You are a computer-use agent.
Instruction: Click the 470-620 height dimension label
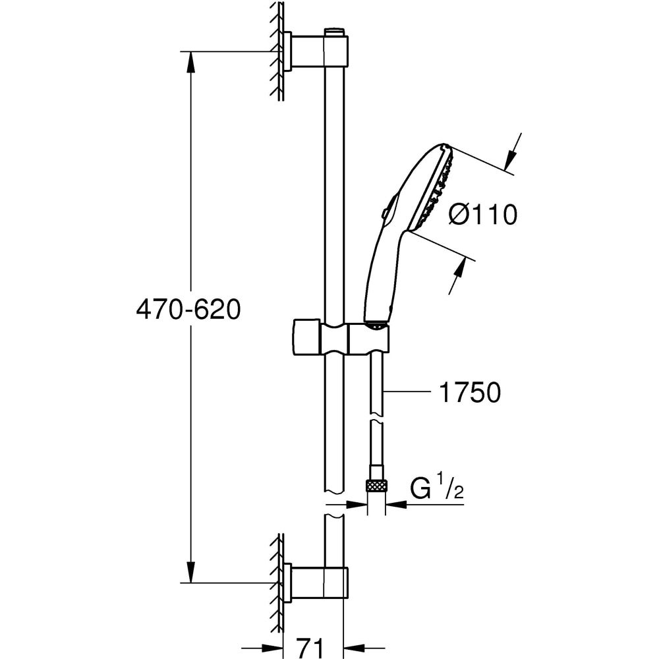point(188,309)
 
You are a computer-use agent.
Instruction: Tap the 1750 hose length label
point(470,393)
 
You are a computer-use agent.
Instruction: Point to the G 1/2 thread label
point(435,490)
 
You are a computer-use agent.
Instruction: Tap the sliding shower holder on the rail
point(339,337)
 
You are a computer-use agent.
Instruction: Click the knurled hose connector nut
point(377,486)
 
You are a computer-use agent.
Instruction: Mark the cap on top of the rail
point(335,32)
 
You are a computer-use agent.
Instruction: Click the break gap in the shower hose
point(377,420)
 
